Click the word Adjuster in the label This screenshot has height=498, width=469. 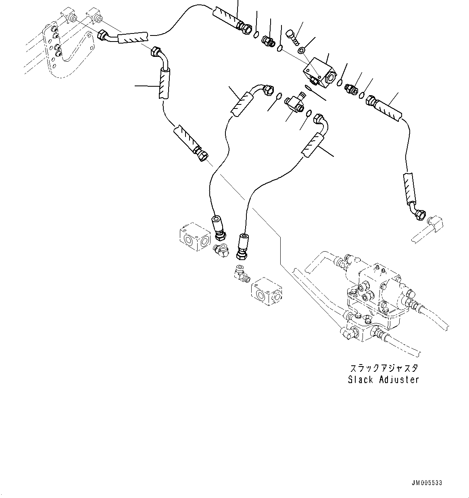[x=399, y=380]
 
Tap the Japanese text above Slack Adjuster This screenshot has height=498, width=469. [x=384, y=368]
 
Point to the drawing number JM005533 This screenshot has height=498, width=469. [x=427, y=483]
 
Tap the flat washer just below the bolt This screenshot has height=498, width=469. [x=301, y=50]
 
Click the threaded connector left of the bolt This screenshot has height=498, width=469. [x=267, y=41]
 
